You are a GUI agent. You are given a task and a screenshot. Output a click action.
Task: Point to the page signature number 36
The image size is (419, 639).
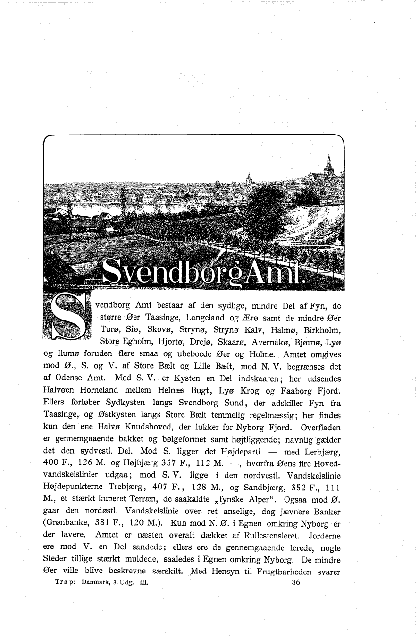[x=296, y=582]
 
